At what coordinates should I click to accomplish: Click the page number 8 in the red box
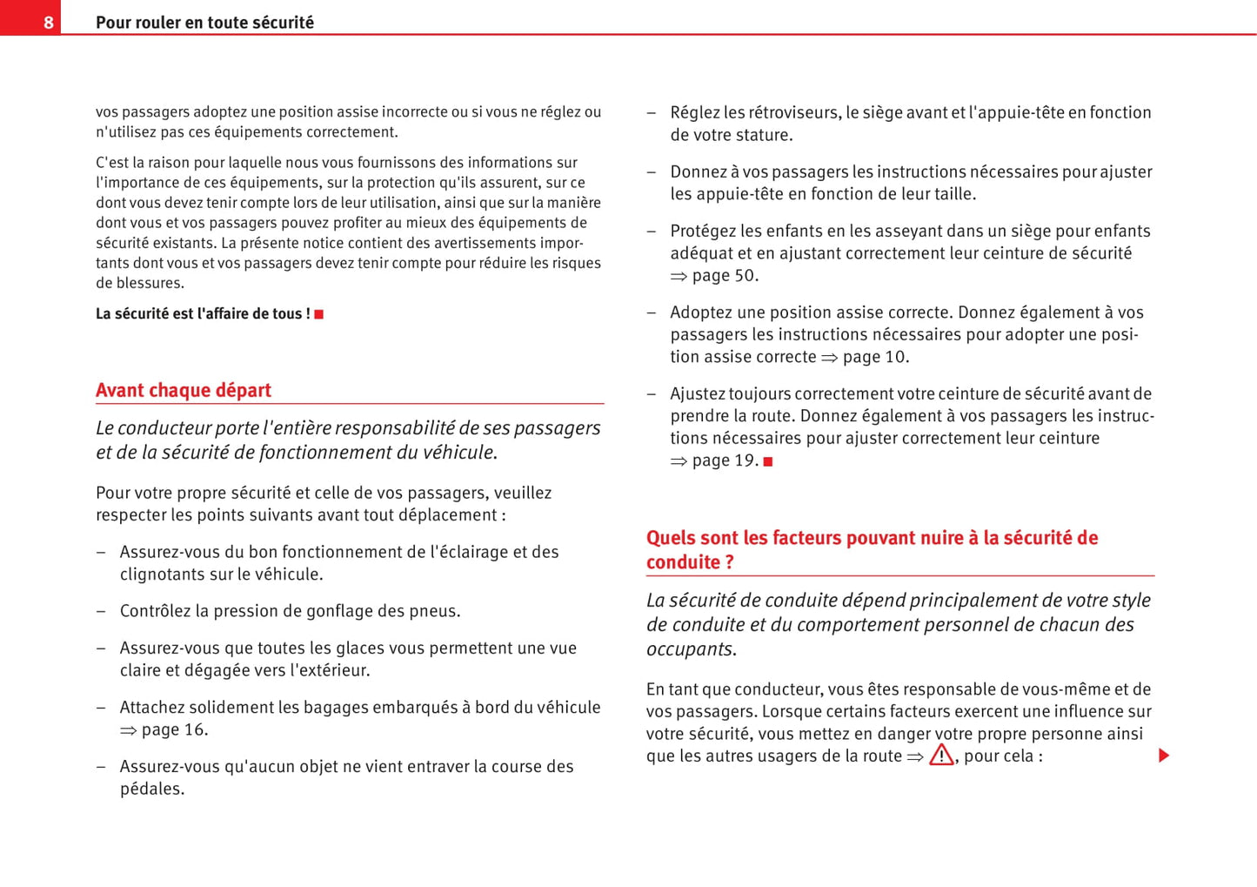point(49,23)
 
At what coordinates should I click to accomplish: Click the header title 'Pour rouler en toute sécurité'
point(204,23)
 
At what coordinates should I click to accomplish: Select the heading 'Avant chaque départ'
point(184,390)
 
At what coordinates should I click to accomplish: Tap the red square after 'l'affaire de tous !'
point(319,314)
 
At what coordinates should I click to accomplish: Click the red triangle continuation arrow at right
point(1164,756)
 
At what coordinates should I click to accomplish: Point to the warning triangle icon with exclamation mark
point(940,755)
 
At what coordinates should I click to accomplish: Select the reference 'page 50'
point(724,276)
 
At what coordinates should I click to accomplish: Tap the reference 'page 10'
point(874,357)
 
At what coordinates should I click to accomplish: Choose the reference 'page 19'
point(724,460)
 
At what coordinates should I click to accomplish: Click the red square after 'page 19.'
point(768,461)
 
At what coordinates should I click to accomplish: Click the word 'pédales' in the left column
point(150,790)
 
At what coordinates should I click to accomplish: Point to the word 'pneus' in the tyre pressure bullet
point(436,611)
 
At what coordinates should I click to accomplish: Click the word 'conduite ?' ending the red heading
point(690,562)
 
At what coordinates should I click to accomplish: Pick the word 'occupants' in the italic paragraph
point(690,649)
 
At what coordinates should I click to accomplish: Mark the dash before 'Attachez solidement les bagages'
point(101,708)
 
